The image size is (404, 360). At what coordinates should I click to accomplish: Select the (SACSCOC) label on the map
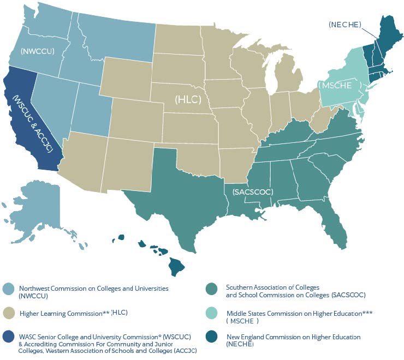252,193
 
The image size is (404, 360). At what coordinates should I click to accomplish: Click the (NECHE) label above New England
344,24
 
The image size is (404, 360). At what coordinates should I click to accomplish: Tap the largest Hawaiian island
176,267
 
